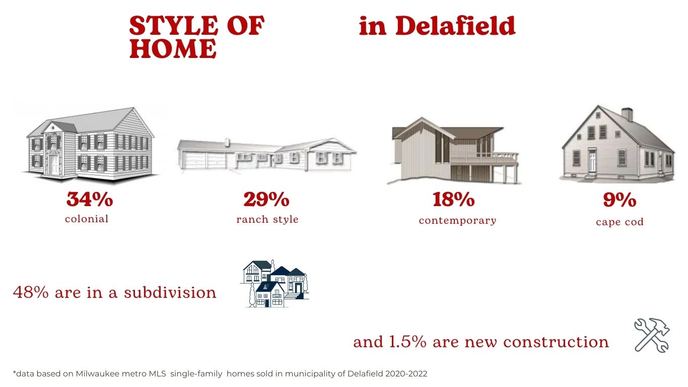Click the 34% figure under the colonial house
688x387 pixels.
[90, 199]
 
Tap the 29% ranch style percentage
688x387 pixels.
[266, 199]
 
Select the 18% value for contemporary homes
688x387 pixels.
[453, 199]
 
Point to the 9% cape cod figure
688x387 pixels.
[620, 200]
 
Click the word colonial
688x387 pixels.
[87, 219]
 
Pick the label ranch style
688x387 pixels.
[267, 220]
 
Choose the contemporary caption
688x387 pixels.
[457, 221]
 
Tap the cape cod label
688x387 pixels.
[620, 222]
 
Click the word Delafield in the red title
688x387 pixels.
[455, 26]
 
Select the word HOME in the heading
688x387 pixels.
[173, 48]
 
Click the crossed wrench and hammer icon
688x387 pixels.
[652, 335]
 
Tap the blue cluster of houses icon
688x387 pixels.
[274, 283]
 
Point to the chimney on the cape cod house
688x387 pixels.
[627, 114]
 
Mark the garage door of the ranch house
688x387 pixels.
[205, 160]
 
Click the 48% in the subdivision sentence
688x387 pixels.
[31, 292]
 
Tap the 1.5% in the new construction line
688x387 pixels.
[407, 342]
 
